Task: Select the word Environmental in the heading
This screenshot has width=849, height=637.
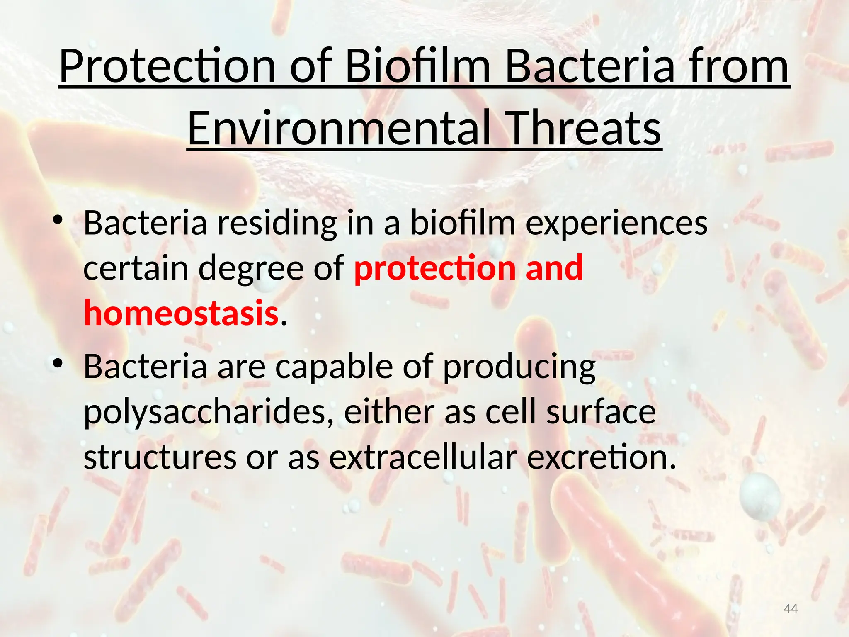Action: [x=339, y=128]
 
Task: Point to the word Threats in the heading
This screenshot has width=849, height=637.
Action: [x=585, y=128]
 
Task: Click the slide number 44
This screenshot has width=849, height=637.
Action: [x=791, y=609]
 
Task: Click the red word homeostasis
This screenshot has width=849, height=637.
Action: [x=181, y=313]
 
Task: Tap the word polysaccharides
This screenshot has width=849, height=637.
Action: [x=209, y=413]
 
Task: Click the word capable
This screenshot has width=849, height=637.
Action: [x=334, y=367]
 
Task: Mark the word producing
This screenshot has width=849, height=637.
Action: [x=519, y=367]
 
